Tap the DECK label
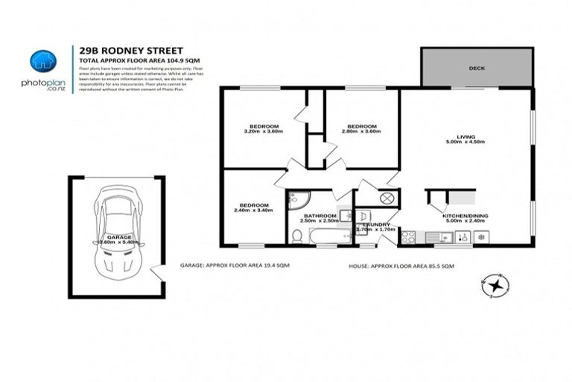[x=477, y=68]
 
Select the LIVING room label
[x=466, y=137]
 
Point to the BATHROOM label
[x=320, y=216]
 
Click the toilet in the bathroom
[x=297, y=236]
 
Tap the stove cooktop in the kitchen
[x=409, y=237]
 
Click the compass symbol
[x=494, y=284]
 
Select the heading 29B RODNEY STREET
[x=122, y=46]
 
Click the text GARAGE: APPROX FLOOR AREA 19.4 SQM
[x=235, y=265]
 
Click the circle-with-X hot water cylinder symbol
[x=387, y=198]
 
